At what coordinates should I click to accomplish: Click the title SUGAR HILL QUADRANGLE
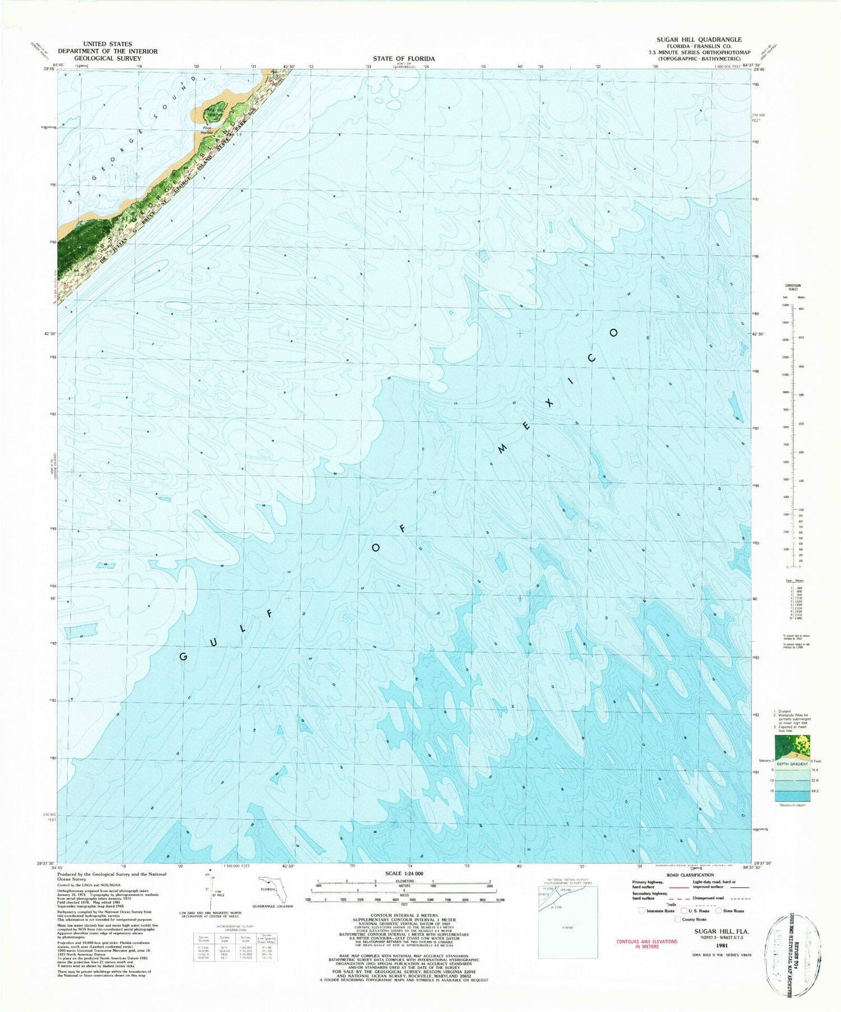click(x=699, y=40)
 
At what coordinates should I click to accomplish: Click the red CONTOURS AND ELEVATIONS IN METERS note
click(x=646, y=944)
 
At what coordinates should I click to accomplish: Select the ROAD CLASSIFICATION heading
click(x=690, y=875)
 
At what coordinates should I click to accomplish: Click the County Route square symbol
click(x=677, y=919)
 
